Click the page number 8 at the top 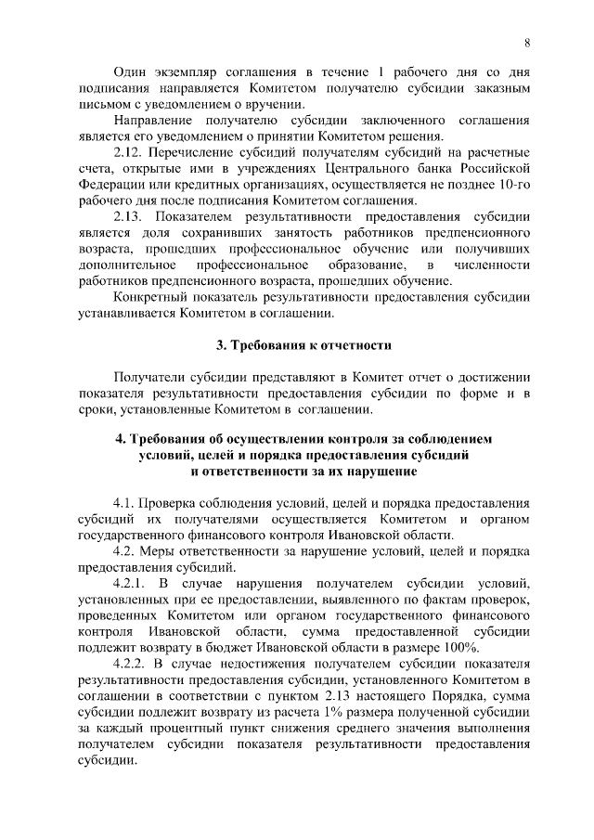[x=527, y=43]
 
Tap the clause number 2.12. [x=128, y=150]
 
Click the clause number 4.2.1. [x=132, y=582]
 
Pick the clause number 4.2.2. [x=132, y=665]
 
